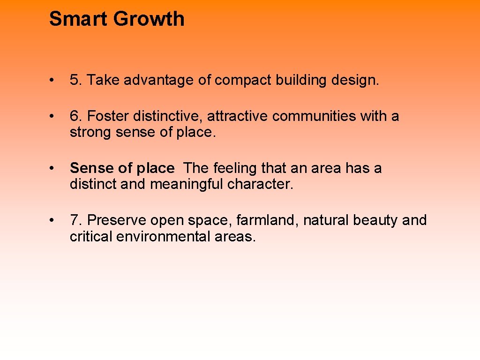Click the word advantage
(x=158, y=80)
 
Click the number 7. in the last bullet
(x=76, y=220)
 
